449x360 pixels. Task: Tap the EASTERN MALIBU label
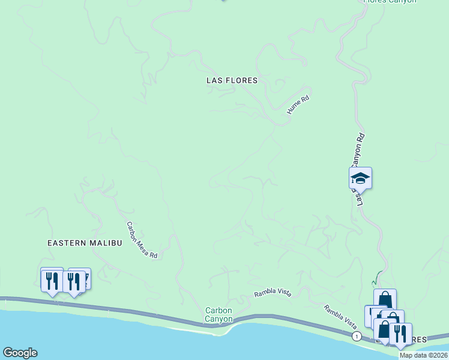click(85, 242)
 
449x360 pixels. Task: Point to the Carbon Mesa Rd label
click(142, 241)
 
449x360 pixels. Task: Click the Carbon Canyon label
click(218, 314)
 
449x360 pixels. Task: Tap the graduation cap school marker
click(360, 178)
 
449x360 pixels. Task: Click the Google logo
click(20, 353)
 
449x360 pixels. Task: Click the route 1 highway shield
click(357, 336)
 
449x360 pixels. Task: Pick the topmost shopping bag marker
click(385, 299)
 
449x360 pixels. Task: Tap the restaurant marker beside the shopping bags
click(400, 333)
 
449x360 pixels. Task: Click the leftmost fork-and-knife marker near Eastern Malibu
click(52, 280)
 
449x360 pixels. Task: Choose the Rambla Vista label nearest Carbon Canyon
click(273, 293)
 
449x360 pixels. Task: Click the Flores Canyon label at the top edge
click(390, 2)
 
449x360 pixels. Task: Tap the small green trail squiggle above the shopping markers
click(376, 278)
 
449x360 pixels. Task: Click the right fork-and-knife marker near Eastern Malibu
click(74, 281)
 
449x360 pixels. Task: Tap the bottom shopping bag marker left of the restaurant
click(384, 329)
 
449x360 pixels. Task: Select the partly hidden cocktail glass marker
click(87, 277)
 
